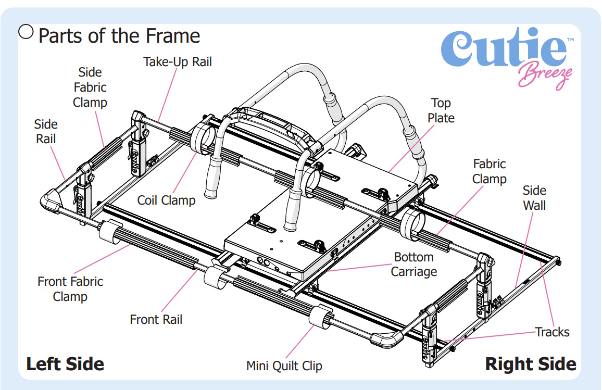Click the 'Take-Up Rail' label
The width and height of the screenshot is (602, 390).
[178, 62]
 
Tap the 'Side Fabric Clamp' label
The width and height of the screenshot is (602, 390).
[90, 87]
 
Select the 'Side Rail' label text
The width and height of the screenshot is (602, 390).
[46, 132]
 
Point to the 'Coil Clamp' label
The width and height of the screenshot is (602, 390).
[166, 200]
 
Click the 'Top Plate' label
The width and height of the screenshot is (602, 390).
[441, 110]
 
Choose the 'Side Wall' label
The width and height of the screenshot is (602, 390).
[534, 198]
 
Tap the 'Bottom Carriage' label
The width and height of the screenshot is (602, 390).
[413, 264]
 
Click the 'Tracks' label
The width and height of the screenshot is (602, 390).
[552, 332]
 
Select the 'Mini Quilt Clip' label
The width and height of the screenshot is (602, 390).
[284, 366]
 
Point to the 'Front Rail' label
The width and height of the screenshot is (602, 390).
[156, 319]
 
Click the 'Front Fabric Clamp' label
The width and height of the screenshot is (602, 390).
[70, 289]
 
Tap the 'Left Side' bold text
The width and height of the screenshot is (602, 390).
[65, 363]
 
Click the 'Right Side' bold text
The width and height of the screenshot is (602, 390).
[530, 364]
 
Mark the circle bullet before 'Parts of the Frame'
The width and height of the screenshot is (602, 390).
[26, 32]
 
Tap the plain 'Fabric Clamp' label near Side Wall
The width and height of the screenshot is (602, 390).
[489, 171]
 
